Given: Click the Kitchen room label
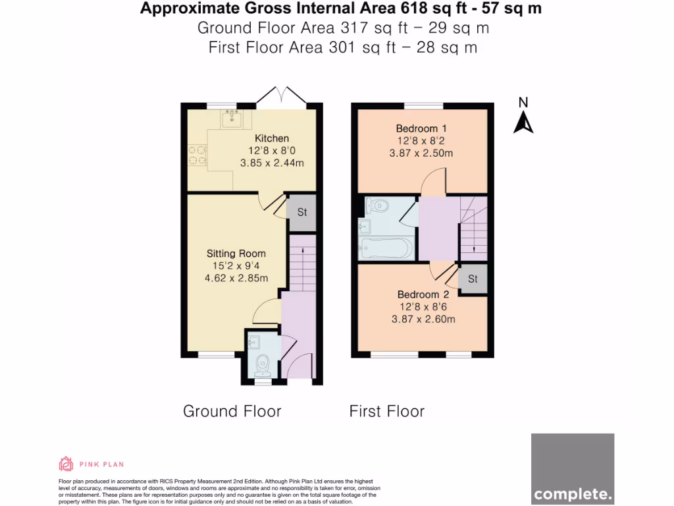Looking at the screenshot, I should click(x=272, y=138).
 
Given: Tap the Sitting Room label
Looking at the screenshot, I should click(x=236, y=254).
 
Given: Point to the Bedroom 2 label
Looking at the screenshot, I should click(x=423, y=295).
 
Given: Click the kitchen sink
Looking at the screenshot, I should click(x=232, y=119).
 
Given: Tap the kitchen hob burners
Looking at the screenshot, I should click(x=196, y=155).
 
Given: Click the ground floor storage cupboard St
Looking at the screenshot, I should click(x=302, y=213).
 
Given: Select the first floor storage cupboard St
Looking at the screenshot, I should click(x=473, y=279).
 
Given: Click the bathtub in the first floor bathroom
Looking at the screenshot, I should click(x=386, y=248).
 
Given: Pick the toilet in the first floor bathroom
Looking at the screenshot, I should click(x=378, y=206).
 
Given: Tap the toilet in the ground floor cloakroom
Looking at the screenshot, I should click(x=263, y=363).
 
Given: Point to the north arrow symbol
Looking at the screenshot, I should click(x=523, y=123).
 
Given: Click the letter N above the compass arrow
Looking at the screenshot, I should click(x=523, y=102).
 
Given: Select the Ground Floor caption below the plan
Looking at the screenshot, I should click(x=232, y=411).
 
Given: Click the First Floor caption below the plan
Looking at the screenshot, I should click(x=386, y=411).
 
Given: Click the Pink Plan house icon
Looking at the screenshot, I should click(x=66, y=464).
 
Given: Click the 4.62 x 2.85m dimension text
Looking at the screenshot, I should click(x=236, y=278).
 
